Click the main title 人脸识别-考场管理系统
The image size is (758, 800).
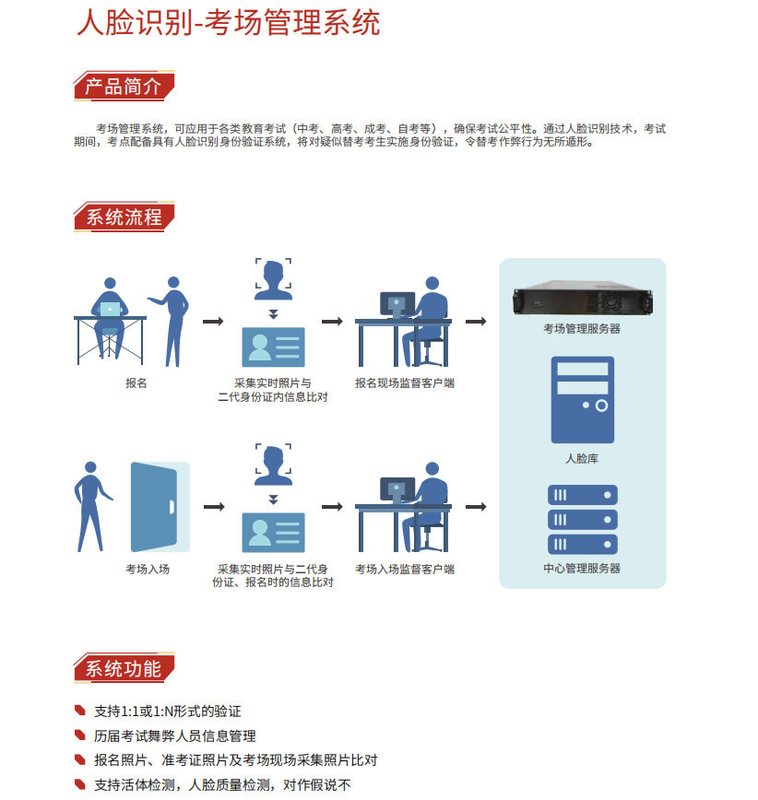228,23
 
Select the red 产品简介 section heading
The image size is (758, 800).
124,86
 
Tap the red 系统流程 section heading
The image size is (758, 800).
124,217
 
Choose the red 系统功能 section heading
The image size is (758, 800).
124,668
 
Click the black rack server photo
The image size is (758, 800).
583,298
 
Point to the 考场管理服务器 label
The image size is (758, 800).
582,328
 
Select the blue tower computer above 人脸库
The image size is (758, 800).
583,399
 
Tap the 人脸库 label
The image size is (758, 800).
582,458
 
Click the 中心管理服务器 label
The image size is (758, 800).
582,568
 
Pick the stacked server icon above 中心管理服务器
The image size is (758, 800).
583,520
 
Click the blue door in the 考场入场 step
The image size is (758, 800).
160,507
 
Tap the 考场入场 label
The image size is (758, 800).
148,569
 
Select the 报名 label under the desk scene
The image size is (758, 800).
136,382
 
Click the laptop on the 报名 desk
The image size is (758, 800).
111,309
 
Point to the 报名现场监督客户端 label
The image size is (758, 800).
405,382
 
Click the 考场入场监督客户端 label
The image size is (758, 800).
405,569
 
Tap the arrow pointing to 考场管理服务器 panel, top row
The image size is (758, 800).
476,322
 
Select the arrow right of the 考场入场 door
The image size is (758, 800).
214,507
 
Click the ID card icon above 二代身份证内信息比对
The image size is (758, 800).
273,347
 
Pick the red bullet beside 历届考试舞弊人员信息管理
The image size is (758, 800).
80,735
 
